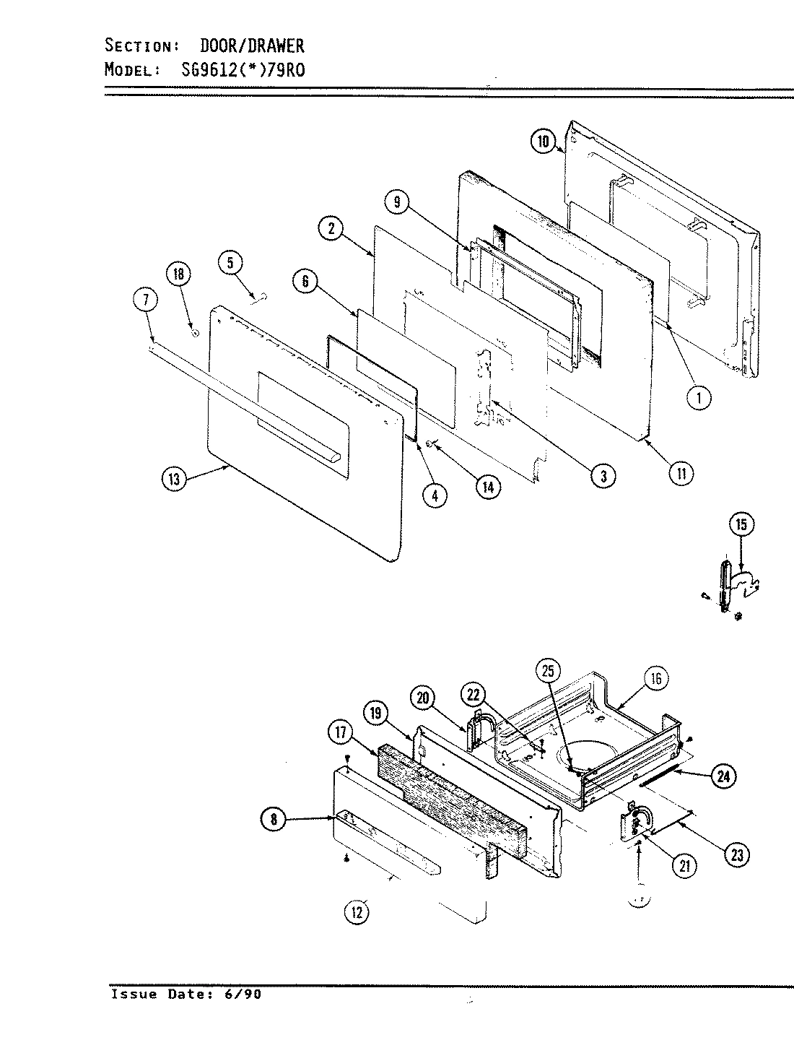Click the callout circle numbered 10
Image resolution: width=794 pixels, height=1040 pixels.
click(544, 142)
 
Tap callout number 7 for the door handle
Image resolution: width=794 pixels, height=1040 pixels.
click(145, 300)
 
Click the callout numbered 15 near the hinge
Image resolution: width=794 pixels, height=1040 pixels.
click(741, 525)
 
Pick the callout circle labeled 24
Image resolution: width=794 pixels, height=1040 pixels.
click(723, 776)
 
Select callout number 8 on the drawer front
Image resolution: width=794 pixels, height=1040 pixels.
click(274, 819)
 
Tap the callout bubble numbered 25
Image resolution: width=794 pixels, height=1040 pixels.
click(548, 671)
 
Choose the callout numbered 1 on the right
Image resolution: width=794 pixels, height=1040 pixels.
click(699, 397)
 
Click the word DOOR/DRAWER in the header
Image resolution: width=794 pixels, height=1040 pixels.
click(251, 46)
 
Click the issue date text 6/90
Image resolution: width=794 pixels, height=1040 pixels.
click(245, 994)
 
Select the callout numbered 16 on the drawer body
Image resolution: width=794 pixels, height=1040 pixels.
click(655, 678)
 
